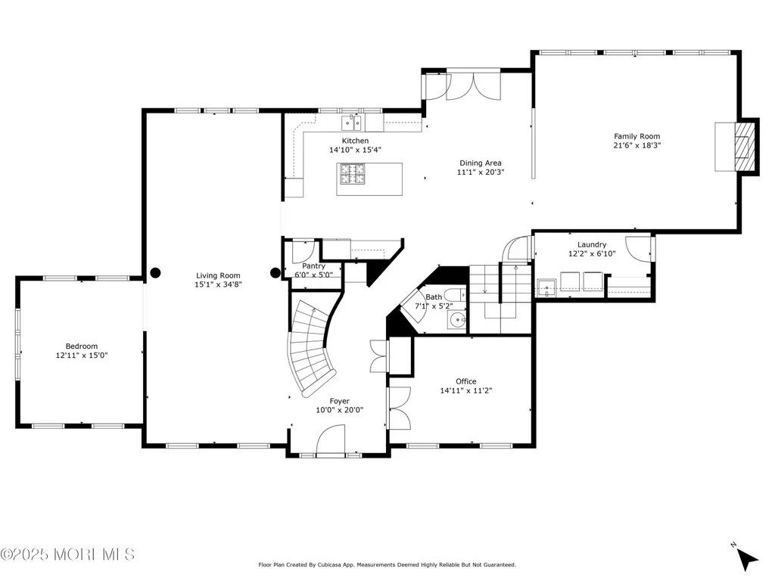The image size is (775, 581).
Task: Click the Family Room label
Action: [636, 136]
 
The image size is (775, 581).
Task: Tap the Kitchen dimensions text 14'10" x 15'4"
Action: [356, 150]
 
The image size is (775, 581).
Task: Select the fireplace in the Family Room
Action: [736, 147]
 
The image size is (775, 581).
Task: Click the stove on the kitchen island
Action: [353, 174]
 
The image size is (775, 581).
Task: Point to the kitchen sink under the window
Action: [351, 123]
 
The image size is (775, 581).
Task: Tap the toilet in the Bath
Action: [455, 294]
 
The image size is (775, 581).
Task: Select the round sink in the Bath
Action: [456, 320]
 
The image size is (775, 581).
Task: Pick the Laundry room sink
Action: [546, 287]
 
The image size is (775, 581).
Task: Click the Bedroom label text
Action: [82, 346]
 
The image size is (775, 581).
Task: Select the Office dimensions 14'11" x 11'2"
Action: [466, 391]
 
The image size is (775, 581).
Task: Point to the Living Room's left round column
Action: [155, 272]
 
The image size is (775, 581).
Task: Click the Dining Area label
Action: [481, 163]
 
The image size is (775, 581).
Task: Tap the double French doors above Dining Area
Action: [474, 87]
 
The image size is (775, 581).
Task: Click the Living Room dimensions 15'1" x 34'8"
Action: [218, 284]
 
